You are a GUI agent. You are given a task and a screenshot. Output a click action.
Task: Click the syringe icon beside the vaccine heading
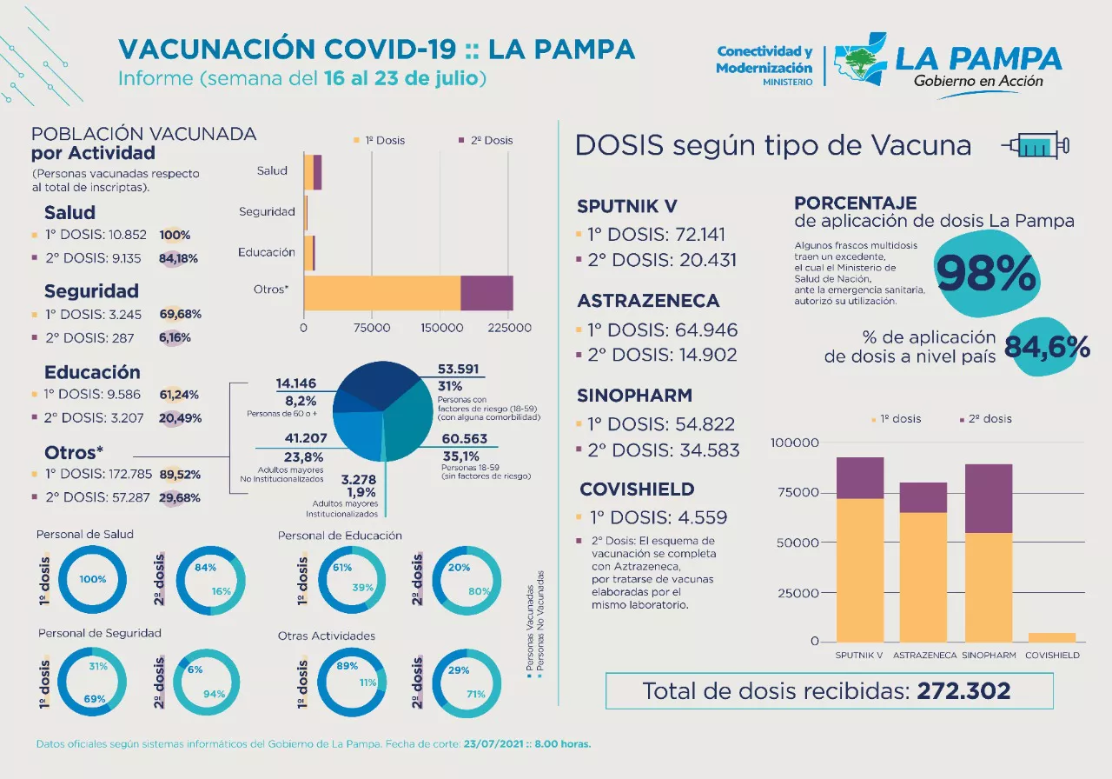(x=1036, y=146)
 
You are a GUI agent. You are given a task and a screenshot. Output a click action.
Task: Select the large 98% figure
(x=988, y=274)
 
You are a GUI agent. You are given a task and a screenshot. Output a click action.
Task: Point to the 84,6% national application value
(x=1047, y=347)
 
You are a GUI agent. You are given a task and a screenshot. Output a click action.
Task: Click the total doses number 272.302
(x=963, y=691)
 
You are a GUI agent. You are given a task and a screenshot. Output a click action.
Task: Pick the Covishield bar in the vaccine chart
(x=1052, y=637)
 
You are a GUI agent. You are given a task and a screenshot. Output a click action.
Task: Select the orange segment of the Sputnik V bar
(x=859, y=569)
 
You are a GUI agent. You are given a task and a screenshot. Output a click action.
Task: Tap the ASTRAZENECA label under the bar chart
(x=924, y=656)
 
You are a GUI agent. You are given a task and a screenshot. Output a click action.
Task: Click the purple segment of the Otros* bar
(x=486, y=293)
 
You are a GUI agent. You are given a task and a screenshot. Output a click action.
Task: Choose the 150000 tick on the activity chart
(x=440, y=329)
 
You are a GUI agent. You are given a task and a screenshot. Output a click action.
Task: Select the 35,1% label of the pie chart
(x=460, y=456)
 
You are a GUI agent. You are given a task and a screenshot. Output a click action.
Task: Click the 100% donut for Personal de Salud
(x=92, y=580)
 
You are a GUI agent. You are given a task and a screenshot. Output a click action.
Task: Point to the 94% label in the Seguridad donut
(x=214, y=694)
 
